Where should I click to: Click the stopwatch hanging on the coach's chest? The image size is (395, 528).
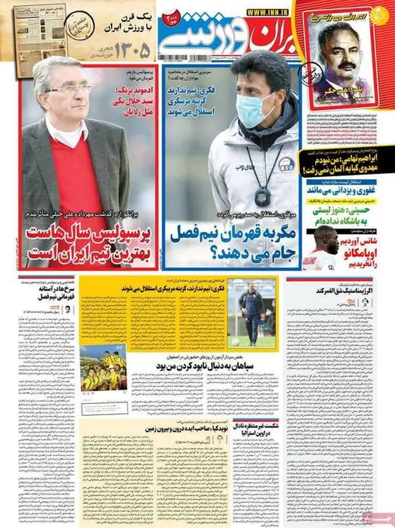(263, 195)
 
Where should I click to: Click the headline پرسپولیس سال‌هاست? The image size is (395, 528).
(91, 234)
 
